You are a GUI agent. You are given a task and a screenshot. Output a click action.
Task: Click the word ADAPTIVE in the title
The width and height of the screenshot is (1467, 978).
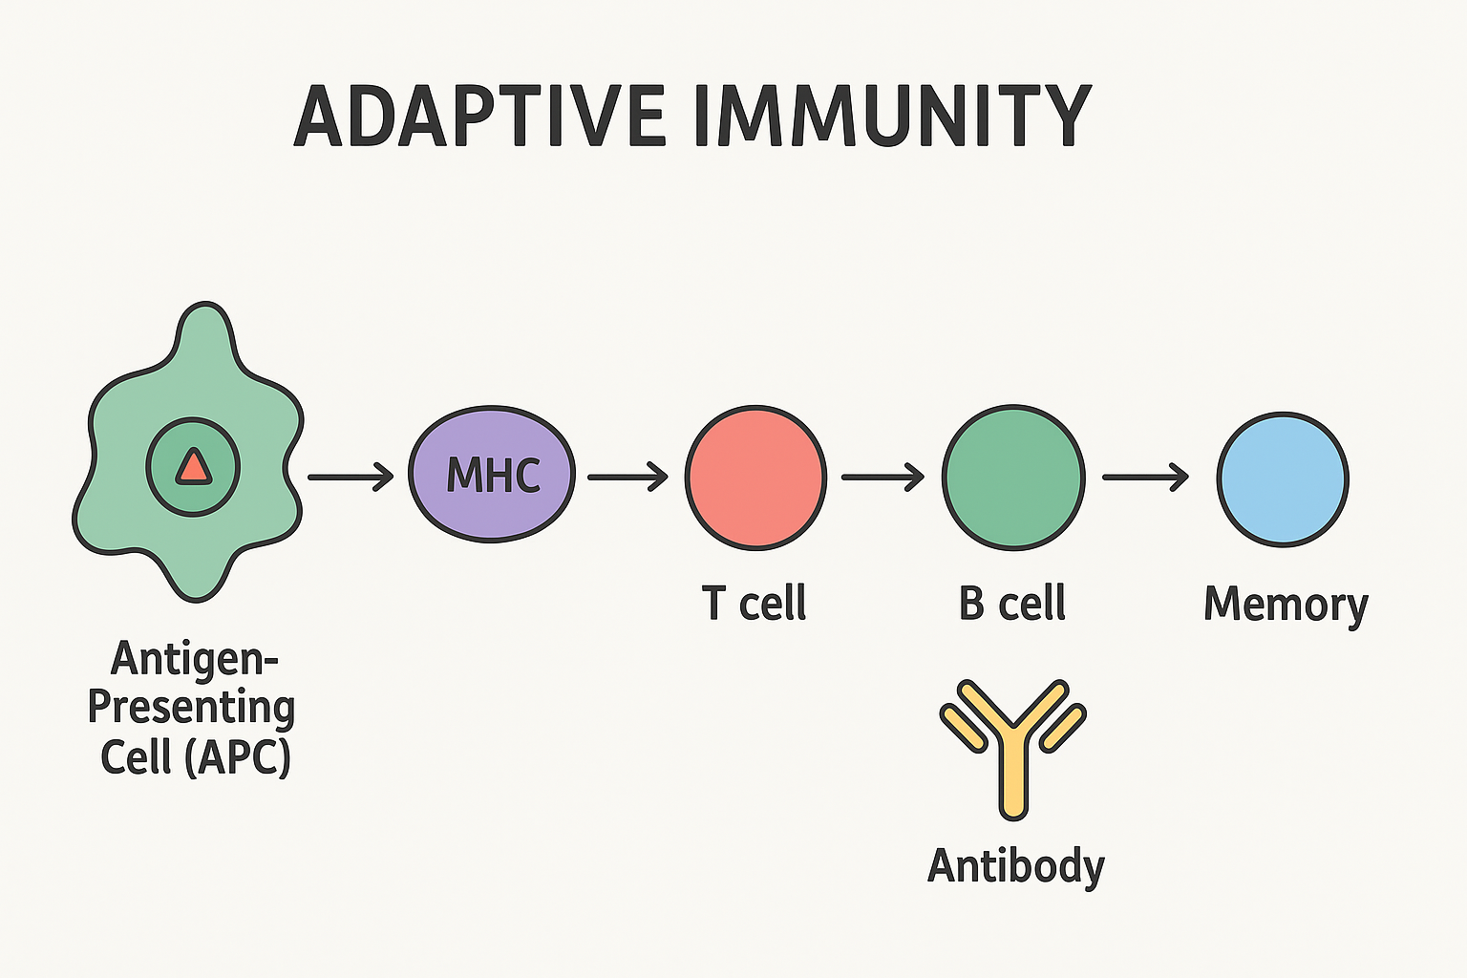(480, 116)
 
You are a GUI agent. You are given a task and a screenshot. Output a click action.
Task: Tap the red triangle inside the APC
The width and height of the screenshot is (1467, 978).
(193, 467)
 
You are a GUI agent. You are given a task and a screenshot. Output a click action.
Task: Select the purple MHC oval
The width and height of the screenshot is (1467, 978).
(492, 475)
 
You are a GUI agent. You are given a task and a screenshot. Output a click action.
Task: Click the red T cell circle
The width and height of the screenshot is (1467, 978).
(755, 478)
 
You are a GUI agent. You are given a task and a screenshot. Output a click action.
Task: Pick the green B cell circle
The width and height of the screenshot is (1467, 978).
(1013, 478)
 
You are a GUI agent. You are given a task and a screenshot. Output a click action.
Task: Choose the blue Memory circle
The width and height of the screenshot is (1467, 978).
(1283, 478)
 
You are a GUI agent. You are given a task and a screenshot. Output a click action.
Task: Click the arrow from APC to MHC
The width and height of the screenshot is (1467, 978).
(351, 477)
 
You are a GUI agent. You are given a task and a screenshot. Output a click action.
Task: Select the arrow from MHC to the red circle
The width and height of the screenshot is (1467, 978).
(628, 477)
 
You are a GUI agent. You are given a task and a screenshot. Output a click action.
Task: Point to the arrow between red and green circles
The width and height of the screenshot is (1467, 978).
(882, 477)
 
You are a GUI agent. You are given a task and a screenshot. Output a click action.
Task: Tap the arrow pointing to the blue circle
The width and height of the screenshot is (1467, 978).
(1145, 477)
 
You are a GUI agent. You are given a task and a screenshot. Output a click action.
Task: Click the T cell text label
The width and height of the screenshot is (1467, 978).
(754, 603)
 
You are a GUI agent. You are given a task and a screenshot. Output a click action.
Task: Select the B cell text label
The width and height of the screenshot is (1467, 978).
(1012, 603)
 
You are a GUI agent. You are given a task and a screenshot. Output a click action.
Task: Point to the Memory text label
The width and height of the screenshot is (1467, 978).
(1286, 606)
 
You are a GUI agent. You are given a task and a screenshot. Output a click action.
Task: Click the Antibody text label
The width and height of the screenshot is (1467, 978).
(1016, 867)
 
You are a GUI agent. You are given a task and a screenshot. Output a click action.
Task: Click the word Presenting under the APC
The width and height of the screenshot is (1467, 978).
(191, 710)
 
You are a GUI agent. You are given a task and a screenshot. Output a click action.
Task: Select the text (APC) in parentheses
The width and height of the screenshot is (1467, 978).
(238, 757)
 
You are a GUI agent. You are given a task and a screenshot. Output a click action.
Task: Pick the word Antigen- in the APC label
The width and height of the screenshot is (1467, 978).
(195, 660)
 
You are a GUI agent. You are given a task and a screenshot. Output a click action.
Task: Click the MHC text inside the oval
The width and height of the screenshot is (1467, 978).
(493, 475)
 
